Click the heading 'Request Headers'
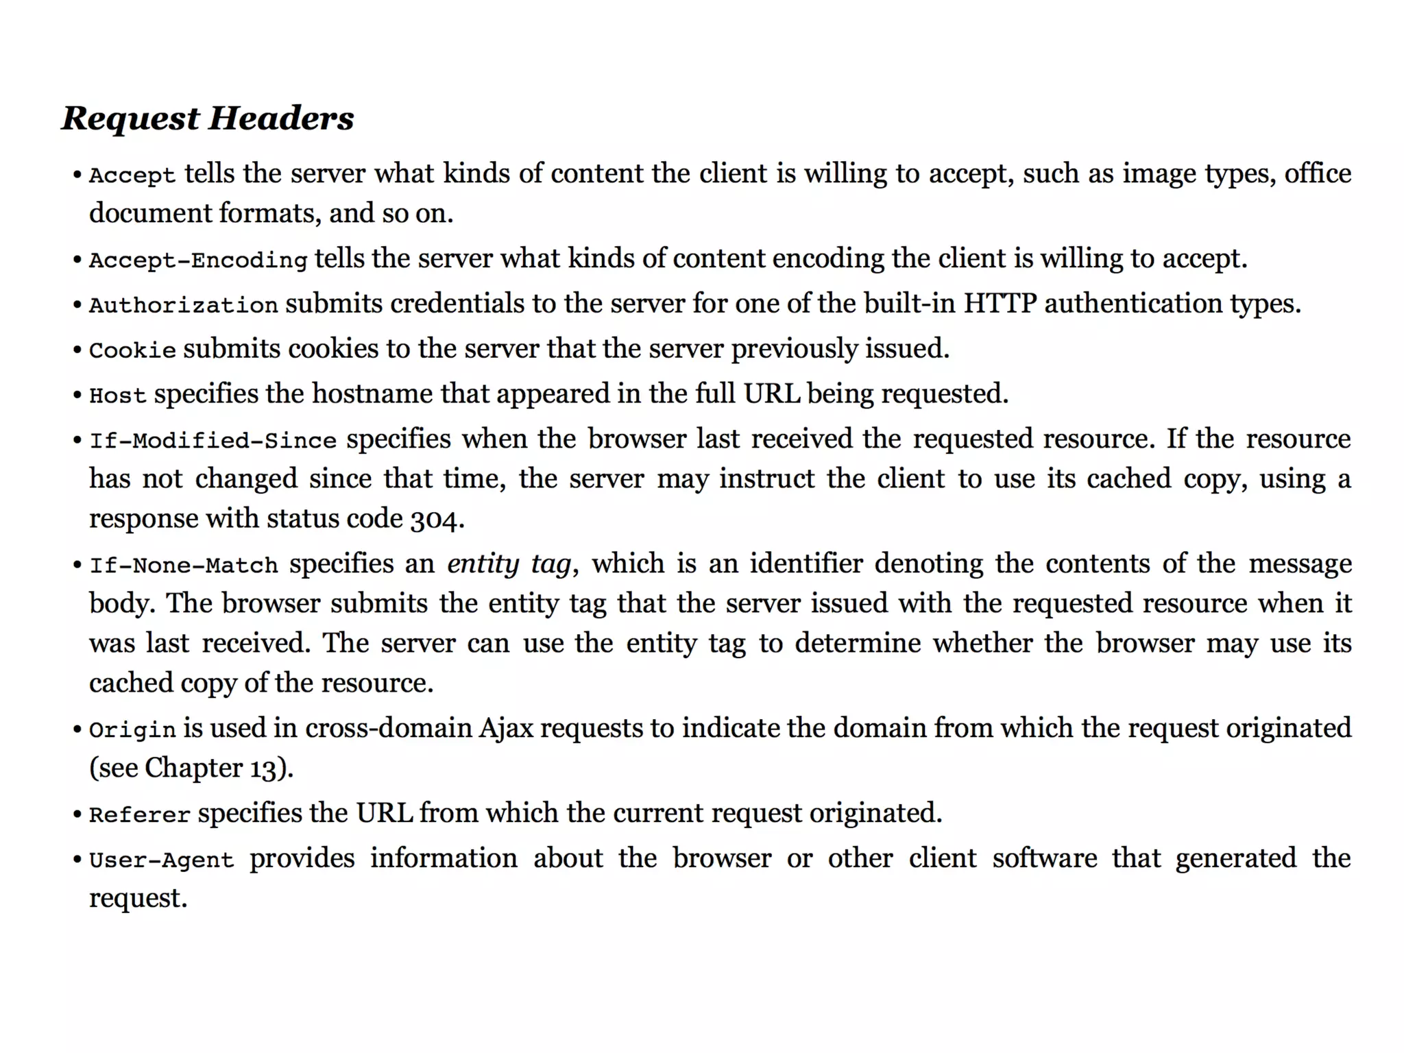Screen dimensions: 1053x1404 [208, 118]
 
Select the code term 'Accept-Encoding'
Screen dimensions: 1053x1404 [198, 261]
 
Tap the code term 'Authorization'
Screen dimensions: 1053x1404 [184, 305]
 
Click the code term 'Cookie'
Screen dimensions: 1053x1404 [132, 350]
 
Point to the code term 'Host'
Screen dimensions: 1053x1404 [118, 396]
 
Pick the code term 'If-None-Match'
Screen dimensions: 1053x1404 [184, 566]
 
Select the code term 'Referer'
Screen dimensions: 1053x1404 [140, 815]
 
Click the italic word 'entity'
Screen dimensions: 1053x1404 [483, 564]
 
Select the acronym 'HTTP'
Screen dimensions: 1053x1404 [1000, 304]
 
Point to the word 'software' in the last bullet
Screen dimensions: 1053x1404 [1044, 859]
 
